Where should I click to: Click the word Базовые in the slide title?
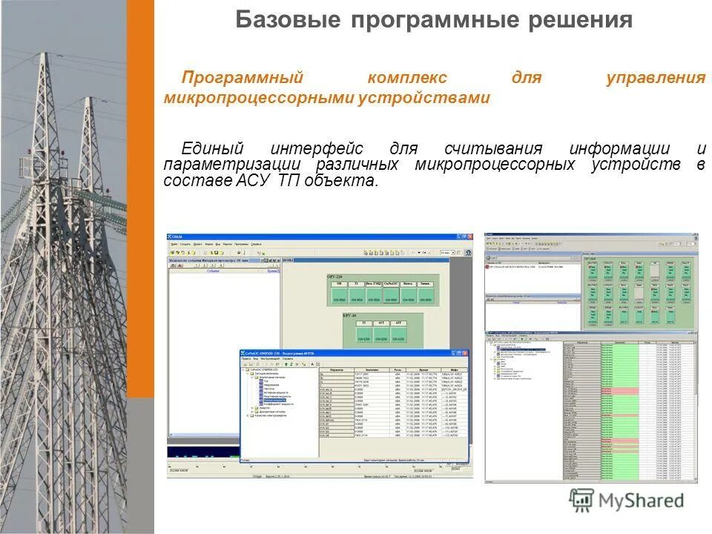[285, 20]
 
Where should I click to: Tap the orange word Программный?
[244, 78]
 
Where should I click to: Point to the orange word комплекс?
[407, 78]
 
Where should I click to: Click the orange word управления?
[655, 78]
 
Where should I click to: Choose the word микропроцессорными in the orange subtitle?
[259, 98]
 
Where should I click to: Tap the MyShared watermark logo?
[627, 501]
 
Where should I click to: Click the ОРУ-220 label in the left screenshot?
[338, 276]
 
